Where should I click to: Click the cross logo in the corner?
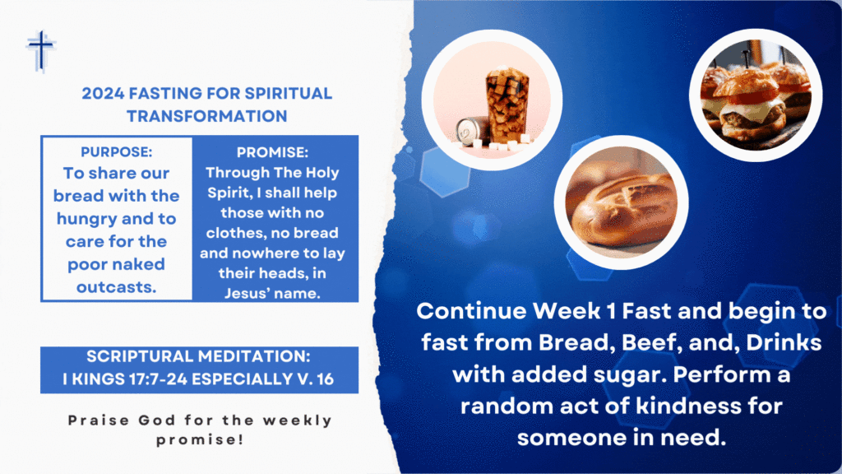[x=41, y=51]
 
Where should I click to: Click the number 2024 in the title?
[x=103, y=94]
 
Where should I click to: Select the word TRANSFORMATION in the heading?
[x=206, y=116]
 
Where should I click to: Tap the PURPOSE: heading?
[x=117, y=152]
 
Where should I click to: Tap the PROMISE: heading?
[x=272, y=152]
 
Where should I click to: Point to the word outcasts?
[x=117, y=287]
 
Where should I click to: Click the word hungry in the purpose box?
[x=86, y=219]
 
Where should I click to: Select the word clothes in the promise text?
[x=235, y=233]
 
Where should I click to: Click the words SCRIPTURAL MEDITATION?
[x=199, y=356]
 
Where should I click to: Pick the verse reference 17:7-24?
[x=158, y=379]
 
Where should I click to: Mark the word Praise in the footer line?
[x=99, y=421]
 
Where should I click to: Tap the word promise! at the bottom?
[x=200, y=439]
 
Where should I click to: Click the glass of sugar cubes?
[x=507, y=105]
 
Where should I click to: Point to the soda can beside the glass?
[x=471, y=132]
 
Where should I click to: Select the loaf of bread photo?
[x=622, y=203]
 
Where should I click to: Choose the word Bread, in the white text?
[x=574, y=343]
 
